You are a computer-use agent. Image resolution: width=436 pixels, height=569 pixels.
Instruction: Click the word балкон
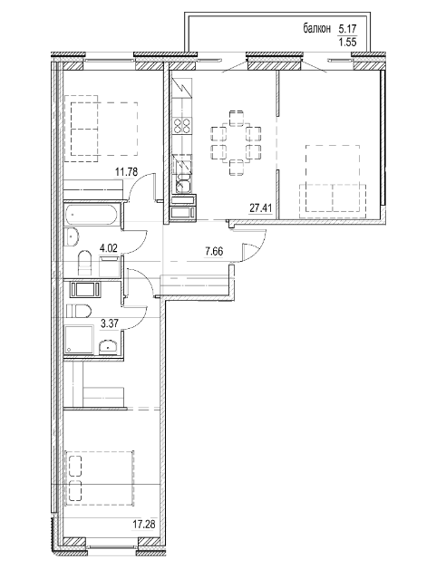320,29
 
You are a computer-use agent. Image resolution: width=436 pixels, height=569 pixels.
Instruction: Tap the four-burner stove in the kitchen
181,127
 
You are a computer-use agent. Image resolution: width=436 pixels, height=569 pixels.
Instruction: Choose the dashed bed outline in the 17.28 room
100,477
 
